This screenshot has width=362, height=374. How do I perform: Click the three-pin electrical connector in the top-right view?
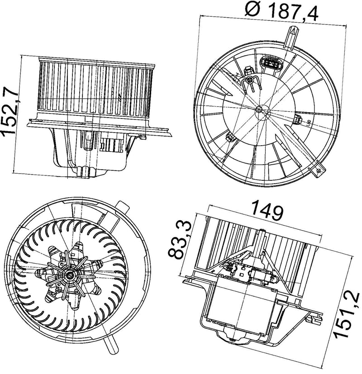coord(271,65)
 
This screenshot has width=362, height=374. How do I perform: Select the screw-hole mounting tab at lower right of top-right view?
coord(318,170)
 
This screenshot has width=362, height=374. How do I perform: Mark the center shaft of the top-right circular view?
coord(259,109)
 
